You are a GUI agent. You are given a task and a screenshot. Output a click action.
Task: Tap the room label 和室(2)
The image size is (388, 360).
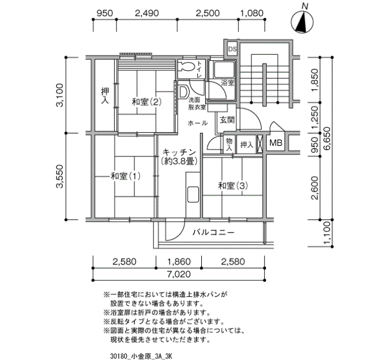click(146, 102)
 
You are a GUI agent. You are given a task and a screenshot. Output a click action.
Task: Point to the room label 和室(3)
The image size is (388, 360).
click(232, 186)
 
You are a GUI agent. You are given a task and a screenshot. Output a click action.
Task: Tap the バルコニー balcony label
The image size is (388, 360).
click(213, 233)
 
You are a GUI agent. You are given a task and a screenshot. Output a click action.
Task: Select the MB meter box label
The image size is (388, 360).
click(275, 144)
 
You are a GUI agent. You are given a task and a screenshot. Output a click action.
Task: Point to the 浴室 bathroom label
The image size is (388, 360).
click(227, 83)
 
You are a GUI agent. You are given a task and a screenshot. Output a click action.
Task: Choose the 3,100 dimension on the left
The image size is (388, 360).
click(62, 94)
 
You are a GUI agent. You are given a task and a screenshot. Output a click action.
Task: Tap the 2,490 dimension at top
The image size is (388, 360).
click(147, 13)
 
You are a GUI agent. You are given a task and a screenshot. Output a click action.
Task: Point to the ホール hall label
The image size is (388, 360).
click(198, 122)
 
